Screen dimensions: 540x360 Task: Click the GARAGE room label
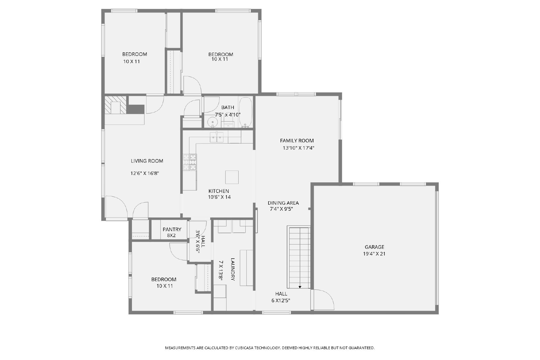tap(374, 247)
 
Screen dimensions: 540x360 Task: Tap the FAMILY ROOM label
tap(297, 140)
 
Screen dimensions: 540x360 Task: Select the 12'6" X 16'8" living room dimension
tap(145, 173)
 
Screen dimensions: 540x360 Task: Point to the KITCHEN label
tap(219, 191)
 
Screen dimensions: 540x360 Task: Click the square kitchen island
tap(232, 177)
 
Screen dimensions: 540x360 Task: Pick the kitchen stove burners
tap(190, 162)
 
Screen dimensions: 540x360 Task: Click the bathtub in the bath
tap(246, 112)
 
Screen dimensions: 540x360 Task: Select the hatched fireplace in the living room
tap(115, 105)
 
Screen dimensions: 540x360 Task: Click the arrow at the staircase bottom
tap(300, 287)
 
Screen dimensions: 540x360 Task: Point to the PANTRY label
tap(172, 229)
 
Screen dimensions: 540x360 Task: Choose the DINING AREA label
tap(283, 203)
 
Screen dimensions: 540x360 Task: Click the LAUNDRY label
tap(233, 269)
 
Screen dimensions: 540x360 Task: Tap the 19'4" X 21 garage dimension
tap(374, 254)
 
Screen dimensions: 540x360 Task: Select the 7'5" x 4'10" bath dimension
tap(227, 114)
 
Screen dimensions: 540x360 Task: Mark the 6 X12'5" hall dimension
tap(280, 301)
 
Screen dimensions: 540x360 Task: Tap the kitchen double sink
tap(216, 137)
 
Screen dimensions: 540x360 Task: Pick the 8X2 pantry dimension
tap(171, 235)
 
